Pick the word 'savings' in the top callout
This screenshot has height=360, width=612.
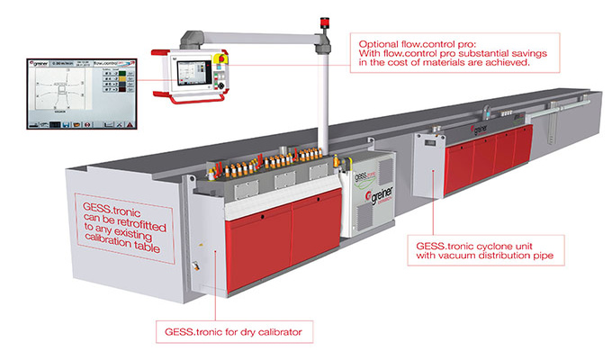543,55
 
